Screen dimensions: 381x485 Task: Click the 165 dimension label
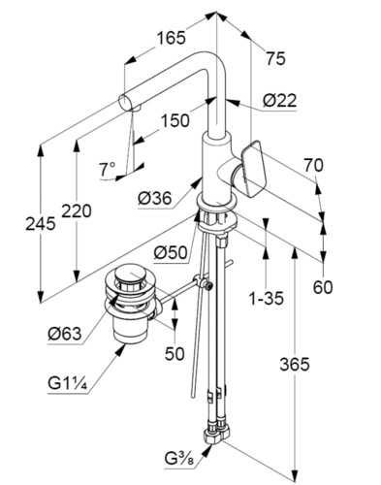pos(172,38)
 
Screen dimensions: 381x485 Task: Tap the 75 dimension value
pos(275,59)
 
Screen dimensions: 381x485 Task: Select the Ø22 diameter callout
pos(279,101)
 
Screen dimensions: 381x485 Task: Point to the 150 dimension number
pos(175,120)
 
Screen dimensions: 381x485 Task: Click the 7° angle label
pos(108,169)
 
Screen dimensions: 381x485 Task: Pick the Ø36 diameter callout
pos(154,198)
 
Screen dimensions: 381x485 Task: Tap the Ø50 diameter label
pos(171,252)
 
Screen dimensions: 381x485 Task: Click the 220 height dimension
pos(77,211)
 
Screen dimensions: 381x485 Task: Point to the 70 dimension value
pos(313,166)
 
